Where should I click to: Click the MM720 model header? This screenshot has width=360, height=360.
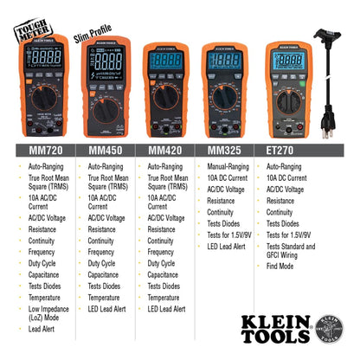[40, 150]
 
